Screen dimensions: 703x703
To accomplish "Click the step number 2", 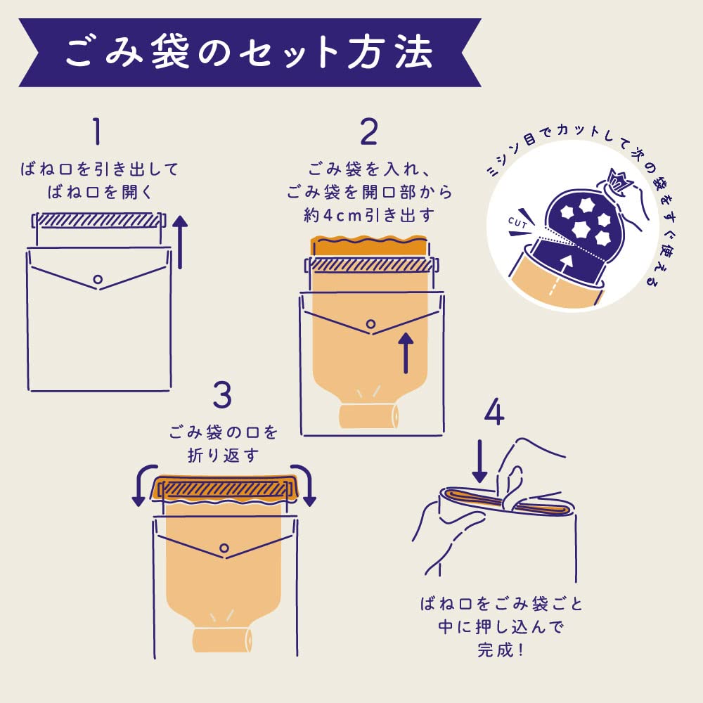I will tap(368, 131).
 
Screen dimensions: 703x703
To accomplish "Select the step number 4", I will tap(494, 413).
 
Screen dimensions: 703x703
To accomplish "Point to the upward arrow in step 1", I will tap(181, 243).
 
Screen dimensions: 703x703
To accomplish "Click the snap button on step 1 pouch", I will tap(98, 279).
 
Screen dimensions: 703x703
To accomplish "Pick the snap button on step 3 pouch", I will tap(224, 548).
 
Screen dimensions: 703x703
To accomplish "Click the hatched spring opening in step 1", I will tap(98, 220).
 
